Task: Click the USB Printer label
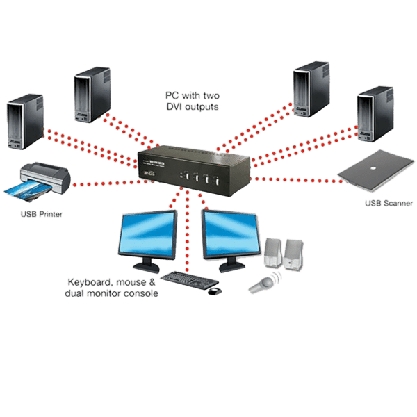tap(42, 214)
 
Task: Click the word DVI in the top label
tap(177, 108)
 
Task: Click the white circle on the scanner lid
tap(382, 165)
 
